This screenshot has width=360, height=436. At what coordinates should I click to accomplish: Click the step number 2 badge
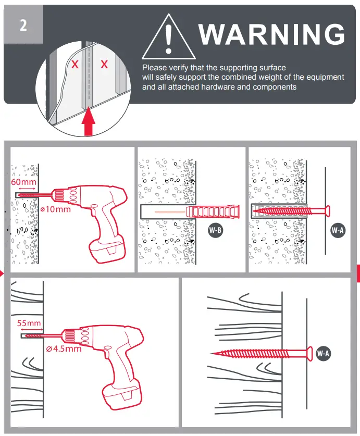pos(23,26)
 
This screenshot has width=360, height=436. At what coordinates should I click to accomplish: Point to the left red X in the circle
pos(75,65)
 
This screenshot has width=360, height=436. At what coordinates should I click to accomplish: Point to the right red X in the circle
pos(104,65)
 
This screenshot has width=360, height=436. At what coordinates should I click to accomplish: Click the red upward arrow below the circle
pos(89,121)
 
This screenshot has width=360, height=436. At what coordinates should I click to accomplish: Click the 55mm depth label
pos(29,323)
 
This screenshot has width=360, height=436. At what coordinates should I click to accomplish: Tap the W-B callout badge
pos(215,230)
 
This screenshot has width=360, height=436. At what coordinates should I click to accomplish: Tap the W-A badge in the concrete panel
pos(338,230)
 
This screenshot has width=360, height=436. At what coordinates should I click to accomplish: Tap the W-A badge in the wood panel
pos(324,354)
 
